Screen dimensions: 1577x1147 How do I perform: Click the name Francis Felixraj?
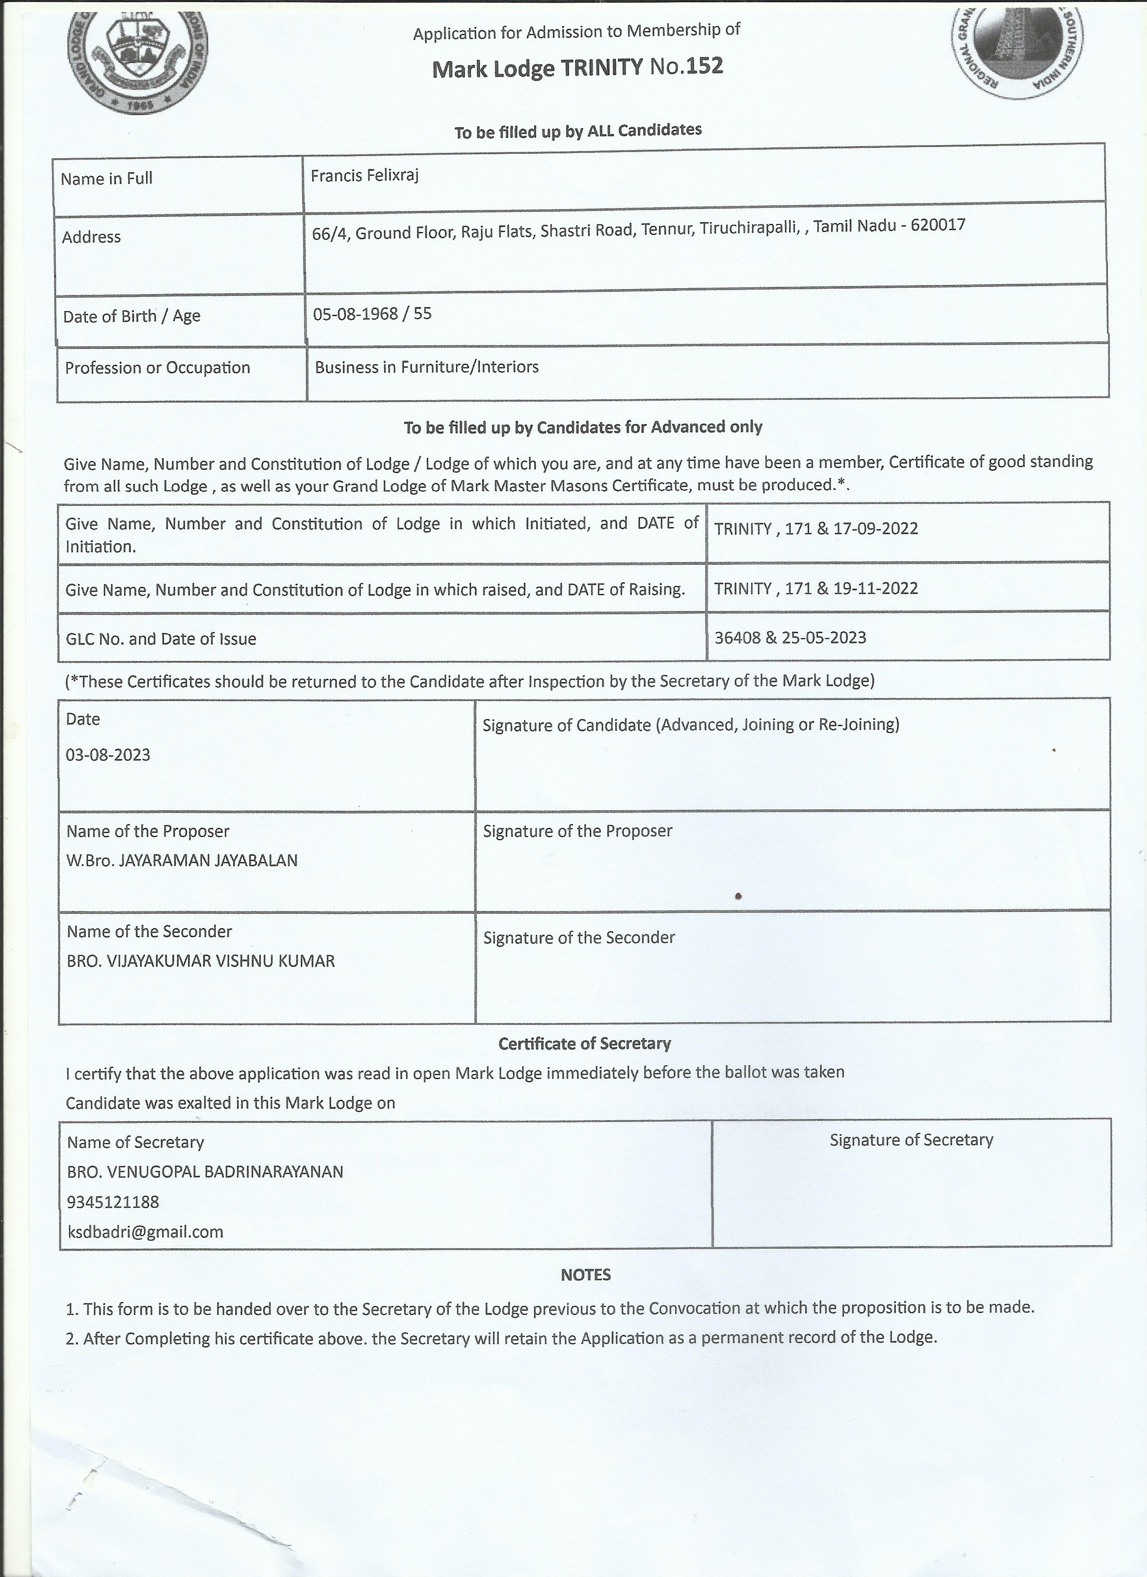[364, 176]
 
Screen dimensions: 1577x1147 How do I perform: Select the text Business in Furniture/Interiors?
[426, 367]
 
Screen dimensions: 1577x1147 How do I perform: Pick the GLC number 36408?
[737, 638]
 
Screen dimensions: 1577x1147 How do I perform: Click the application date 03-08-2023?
[108, 755]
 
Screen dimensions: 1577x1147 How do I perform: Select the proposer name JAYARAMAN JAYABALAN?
[208, 861]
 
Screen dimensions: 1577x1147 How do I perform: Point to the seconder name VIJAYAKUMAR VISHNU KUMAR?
[221, 961]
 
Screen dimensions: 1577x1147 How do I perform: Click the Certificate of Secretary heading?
[584, 1043]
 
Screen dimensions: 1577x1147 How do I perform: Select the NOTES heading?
[586, 1274]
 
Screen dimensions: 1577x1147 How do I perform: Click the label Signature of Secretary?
[911, 1139]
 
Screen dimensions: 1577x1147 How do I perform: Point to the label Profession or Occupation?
[157, 368]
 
